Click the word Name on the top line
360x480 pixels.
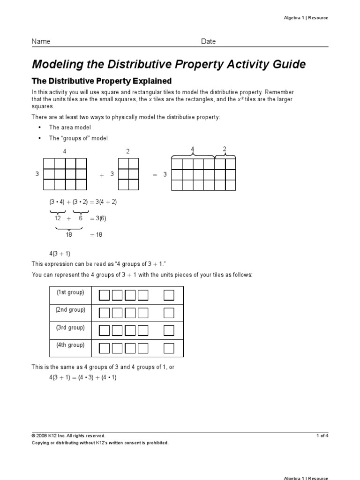[41, 41]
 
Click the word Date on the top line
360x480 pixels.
[209, 41]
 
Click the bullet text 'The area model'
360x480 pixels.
[70, 127]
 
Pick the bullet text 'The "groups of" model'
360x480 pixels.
[78, 138]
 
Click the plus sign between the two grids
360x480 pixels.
[101, 175]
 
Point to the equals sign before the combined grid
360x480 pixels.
[154, 174]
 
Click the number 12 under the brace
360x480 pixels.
[58, 218]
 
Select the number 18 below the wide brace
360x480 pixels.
[69, 235]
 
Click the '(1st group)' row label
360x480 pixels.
[70, 292]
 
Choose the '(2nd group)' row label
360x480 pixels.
[70, 310]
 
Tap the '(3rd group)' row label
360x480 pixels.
[70, 328]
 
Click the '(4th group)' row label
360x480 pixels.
[70, 345]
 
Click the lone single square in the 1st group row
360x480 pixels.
[169, 295]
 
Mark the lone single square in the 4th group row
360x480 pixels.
[169, 348]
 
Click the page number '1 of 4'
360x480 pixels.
[322, 435]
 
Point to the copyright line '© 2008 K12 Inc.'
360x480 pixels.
[68, 435]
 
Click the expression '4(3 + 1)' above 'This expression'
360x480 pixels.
[60, 254]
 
